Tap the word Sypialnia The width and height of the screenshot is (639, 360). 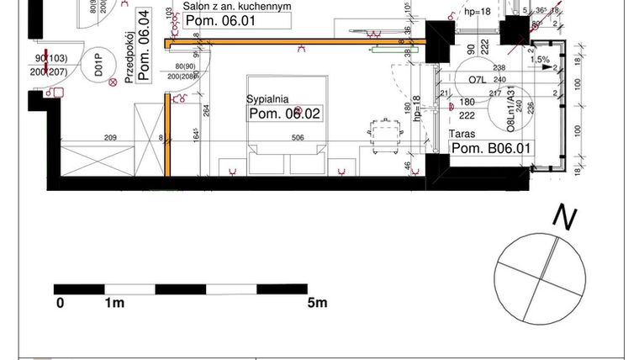click(268, 99)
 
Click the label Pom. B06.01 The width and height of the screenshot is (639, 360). click(492, 149)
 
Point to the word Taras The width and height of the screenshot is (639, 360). click(464, 134)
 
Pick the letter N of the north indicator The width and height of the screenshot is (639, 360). click(564, 218)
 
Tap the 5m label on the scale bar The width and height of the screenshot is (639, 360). click(317, 303)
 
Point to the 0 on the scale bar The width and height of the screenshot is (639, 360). click(60, 303)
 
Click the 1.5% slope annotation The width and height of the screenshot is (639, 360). click(540, 61)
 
